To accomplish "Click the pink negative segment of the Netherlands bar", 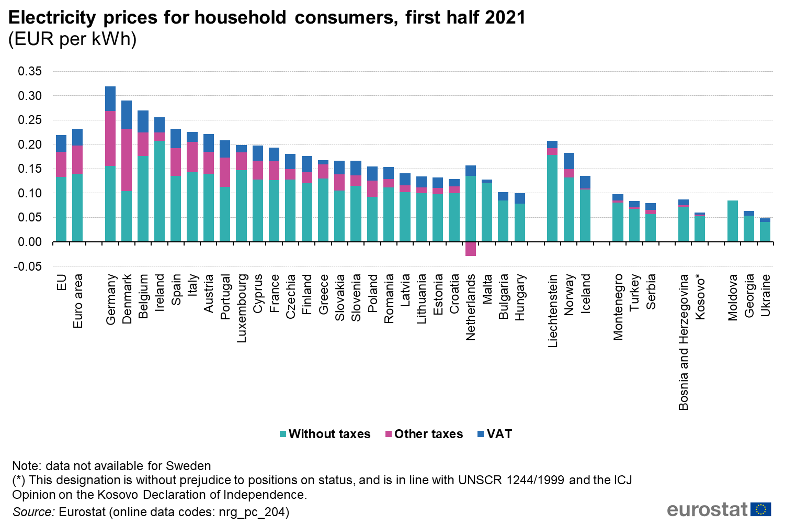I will pos(471,249).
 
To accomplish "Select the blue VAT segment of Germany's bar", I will pos(110,99).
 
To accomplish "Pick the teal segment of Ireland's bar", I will pos(160,191).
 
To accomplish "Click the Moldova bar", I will pos(733,221).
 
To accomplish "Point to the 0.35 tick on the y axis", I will pos(30,71).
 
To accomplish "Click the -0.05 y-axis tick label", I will pos(28,266).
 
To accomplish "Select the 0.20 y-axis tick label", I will pos(30,144).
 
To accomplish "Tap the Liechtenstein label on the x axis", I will pos(553,310).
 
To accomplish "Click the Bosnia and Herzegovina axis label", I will pos(684,342).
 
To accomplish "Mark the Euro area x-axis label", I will pos(78,301).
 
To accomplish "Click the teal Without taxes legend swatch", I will pos(283,434).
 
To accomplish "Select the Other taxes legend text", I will pos(428,434).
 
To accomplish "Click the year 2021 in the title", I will pos(505,17).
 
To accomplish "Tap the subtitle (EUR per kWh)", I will pos(72,39).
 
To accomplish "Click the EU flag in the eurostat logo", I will pos(761,509).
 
